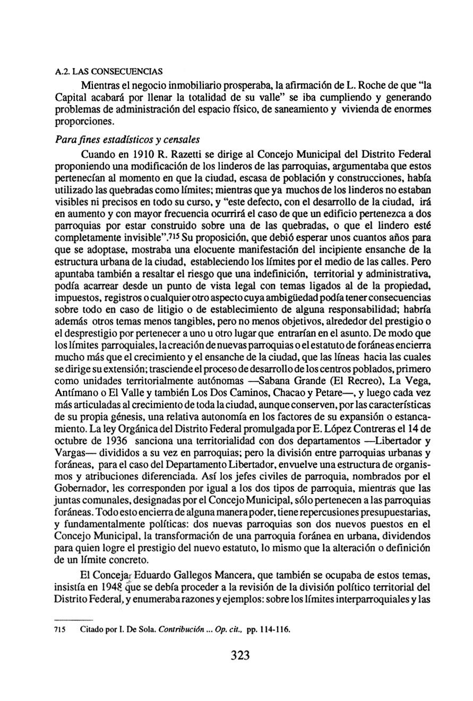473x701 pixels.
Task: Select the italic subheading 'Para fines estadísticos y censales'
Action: click(x=127, y=140)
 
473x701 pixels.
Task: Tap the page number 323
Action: click(x=240, y=655)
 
